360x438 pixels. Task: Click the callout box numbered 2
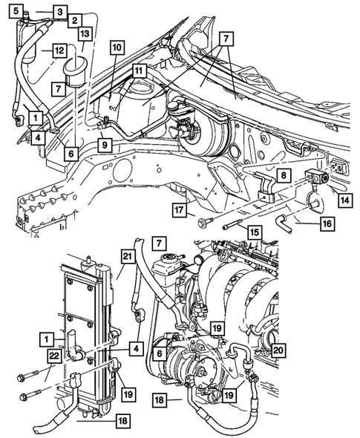click(76, 22)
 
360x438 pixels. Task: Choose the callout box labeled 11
click(139, 70)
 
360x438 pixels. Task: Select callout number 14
click(343, 199)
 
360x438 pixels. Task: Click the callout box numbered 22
click(51, 358)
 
